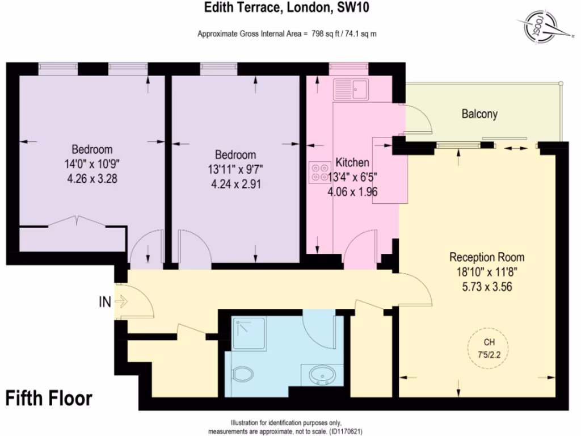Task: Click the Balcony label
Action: click(x=479, y=114)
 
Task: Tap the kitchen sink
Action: click(x=352, y=89)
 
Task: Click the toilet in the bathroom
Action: click(x=243, y=375)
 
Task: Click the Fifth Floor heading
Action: click(x=49, y=398)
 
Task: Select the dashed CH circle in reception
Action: click(x=487, y=347)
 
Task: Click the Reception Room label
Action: click(x=487, y=256)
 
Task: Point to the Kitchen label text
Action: click(x=352, y=162)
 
